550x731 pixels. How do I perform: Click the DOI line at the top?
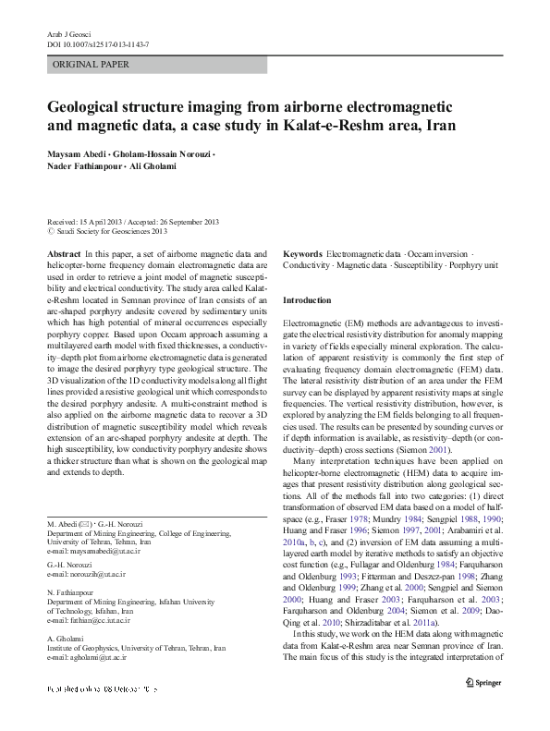[98, 43]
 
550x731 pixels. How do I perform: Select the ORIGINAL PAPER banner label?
[91, 65]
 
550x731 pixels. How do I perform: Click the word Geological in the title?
[88, 106]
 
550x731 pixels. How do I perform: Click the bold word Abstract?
[63, 253]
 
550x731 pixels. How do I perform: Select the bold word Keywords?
[302, 253]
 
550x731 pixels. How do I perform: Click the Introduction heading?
[306, 301]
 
